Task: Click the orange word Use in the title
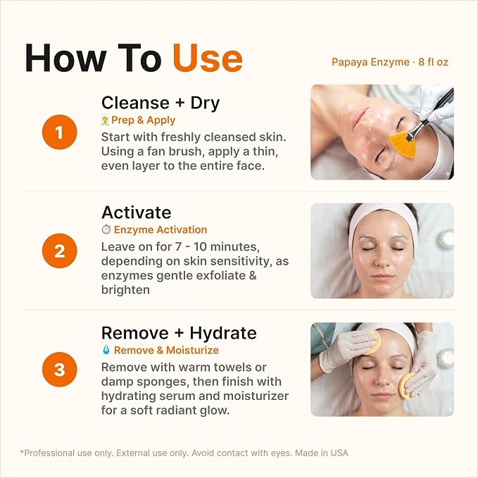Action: [208, 58]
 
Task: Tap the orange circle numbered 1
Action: [59, 132]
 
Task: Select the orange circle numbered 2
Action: [59, 251]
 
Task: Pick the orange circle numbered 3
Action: [59, 369]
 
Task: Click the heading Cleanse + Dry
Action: [161, 103]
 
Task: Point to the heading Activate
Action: [137, 212]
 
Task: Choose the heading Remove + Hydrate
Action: [179, 333]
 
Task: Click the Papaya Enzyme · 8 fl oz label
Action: [390, 62]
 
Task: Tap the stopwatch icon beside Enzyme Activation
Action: [106, 229]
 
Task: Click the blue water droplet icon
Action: [106, 349]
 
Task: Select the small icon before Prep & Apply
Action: [105, 120]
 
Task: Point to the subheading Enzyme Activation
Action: [161, 229]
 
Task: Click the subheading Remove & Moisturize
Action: [166, 351]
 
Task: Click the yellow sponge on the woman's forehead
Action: [372, 341]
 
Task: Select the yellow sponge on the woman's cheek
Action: [407, 385]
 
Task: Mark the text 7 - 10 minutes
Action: [218, 246]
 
